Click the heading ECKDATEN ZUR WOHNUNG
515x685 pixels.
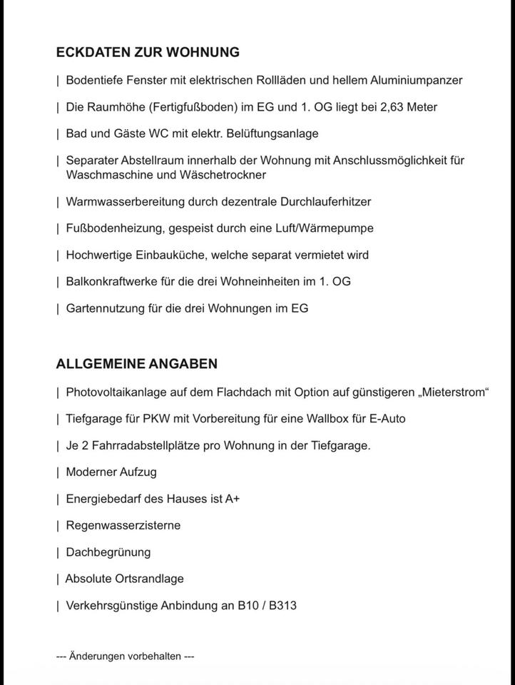click(x=148, y=52)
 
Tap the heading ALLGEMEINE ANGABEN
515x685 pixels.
click(x=137, y=364)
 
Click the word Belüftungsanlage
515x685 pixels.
click(x=274, y=133)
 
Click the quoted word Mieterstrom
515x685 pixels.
click(x=454, y=392)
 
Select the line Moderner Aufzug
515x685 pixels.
click(x=111, y=472)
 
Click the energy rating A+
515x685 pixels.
click(x=233, y=499)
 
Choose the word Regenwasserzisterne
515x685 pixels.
click(x=123, y=525)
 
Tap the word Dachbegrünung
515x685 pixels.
click(x=108, y=552)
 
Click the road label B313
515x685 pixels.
click(x=282, y=606)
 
